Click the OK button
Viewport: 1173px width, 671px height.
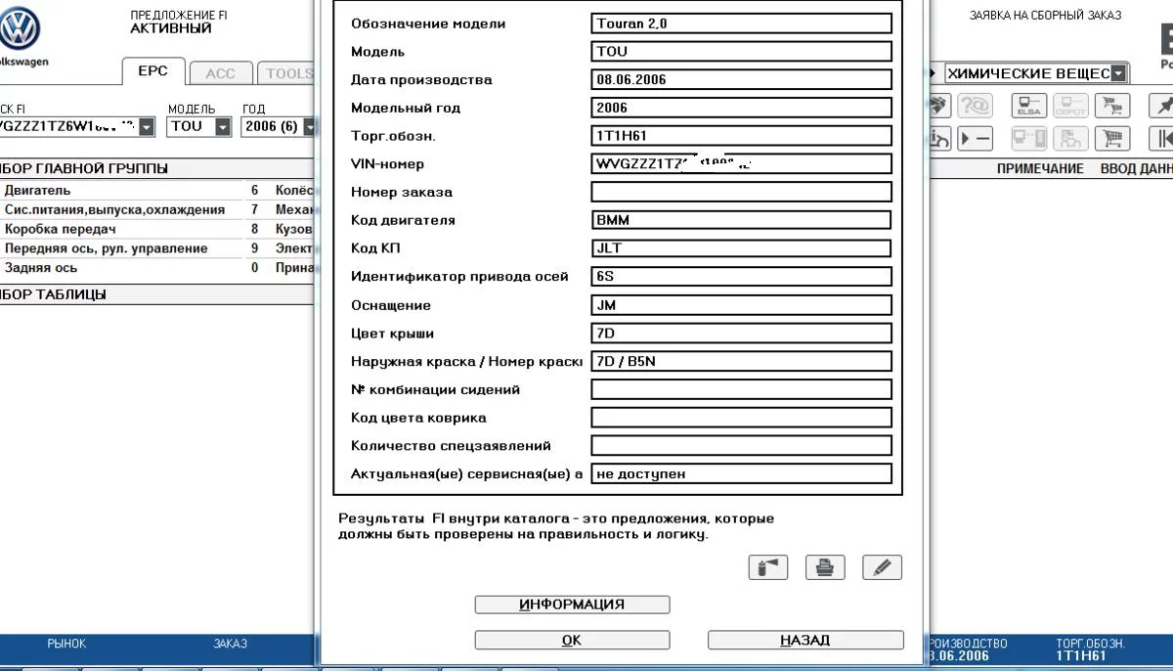[572, 641]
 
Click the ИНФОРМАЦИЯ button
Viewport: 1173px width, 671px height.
[572, 604]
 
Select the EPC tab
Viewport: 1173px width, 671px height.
[152, 71]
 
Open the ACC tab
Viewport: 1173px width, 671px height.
[220, 73]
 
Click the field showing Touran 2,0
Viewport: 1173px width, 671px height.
[741, 23]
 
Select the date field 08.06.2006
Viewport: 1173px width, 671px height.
[741, 80]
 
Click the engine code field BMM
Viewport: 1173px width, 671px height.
[741, 221]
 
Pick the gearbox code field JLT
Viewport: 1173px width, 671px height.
[741, 248]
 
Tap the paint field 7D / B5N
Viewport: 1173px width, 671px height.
[741, 362]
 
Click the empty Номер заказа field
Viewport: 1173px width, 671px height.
[741, 193]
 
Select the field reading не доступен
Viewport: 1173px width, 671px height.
[741, 474]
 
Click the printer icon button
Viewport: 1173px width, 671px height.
[825, 567]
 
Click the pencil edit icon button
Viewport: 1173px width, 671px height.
[882, 567]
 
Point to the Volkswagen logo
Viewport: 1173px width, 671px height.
[19, 29]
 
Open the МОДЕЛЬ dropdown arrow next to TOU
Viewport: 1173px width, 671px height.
[223, 127]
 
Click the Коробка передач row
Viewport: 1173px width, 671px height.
[61, 229]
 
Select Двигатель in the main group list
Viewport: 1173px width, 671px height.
[38, 191]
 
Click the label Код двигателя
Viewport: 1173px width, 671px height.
[403, 221]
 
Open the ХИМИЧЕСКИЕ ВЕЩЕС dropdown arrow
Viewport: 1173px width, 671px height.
[1118, 73]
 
